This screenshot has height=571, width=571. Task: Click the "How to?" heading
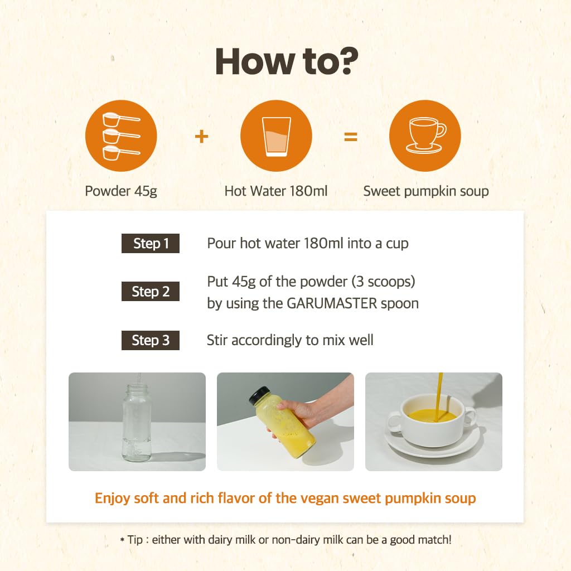[x=287, y=61]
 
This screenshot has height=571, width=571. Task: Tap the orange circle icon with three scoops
[x=121, y=136]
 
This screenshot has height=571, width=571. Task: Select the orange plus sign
[x=201, y=137]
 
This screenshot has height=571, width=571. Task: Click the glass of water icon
[x=276, y=136]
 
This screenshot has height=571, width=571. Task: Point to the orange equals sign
[x=351, y=137]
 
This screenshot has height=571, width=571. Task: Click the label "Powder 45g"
[x=121, y=191]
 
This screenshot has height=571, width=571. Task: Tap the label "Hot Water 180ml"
[x=276, y=191]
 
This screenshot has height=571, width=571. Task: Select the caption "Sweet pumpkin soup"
[x=425, y=191]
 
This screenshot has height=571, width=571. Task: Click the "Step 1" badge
[x=151, y=243]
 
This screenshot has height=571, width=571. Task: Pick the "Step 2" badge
[x=151, y=291]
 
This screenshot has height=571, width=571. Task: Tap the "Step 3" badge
[x=151, y=340]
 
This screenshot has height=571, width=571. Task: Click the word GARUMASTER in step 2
[x=332, y=303]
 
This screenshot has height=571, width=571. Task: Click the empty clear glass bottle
[x=137, y=422]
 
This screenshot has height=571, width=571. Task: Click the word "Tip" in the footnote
[x=135, y=540]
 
